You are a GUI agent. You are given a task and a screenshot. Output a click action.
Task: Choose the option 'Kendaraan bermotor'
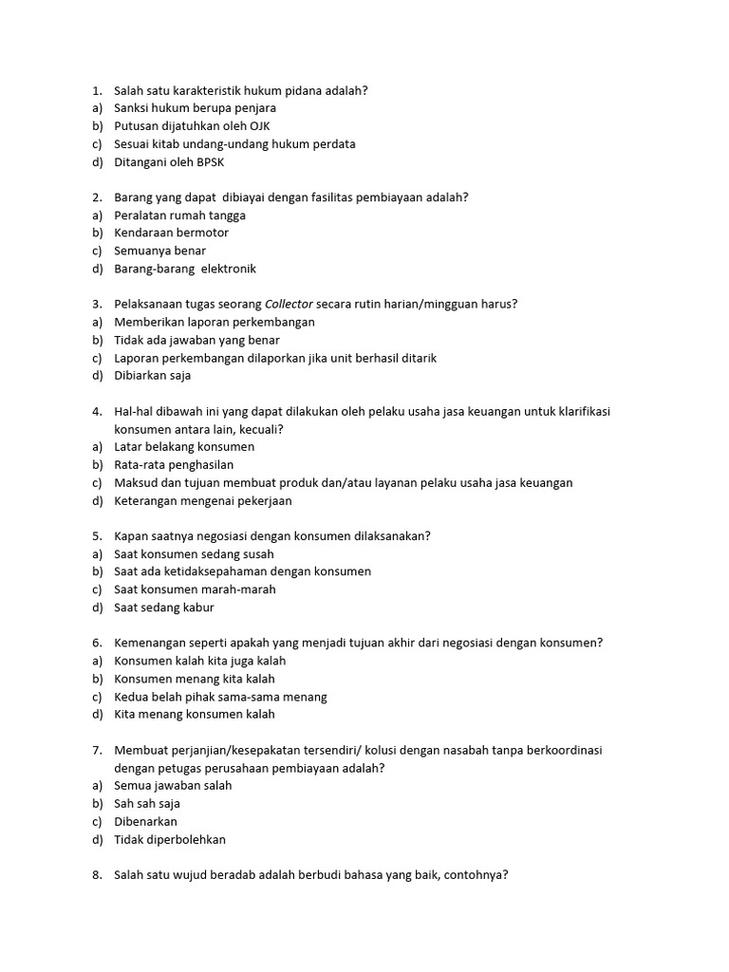pyautogui.click(x=171, y=234)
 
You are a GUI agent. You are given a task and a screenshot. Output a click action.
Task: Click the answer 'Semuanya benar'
pyautogui.click(x=159, y=252)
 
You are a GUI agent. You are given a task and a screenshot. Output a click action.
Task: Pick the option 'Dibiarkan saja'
pyautogui.click(x=152, y=376)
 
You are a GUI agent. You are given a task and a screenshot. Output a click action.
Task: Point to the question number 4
pyautogui.click(x=97, y=412)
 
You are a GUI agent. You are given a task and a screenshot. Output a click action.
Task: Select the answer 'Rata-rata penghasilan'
pyautogui.click(x=174, y=465)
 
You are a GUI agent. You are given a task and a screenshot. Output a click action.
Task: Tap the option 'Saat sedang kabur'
pyautogui.click(x=164, y=607)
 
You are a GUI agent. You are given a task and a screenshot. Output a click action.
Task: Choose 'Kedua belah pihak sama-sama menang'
pyautogui.click(x=220, y=697)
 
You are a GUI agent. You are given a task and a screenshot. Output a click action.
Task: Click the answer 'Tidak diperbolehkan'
pyautogui.click(x=170, y=840)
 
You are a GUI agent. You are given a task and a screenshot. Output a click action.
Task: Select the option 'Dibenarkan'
pyautogui.click(x=145, y=822)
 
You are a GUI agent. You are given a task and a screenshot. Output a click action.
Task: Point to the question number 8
pyautogui.click(x=97, y=876)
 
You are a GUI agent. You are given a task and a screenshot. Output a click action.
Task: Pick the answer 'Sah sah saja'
pyautogui.click(x=147, y=804)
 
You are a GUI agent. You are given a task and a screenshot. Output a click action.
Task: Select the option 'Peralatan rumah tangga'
pyautogui.click(x=179, y=215)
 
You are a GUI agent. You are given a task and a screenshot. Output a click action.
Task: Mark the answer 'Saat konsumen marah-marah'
pyautogui.click(x=195, y=589)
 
